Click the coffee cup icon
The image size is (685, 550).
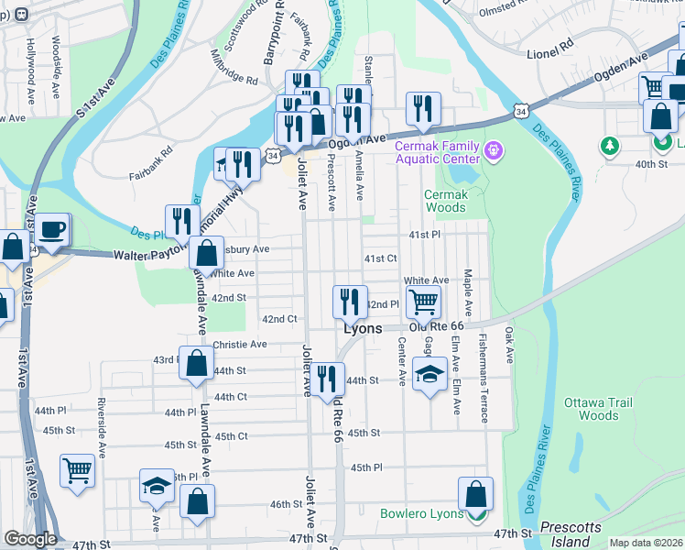tap(52, 229)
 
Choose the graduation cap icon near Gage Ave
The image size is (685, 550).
tap(429, 374)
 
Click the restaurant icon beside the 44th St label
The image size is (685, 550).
tap(326, 377)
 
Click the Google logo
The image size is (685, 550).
tap(29, 538)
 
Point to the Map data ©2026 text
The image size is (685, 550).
tap(646, 543)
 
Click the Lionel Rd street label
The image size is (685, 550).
tap(549, 42)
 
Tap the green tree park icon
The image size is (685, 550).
tap(608, 145)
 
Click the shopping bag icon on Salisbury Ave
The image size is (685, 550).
tap(208, 252)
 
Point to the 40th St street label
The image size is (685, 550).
tap(653, 164)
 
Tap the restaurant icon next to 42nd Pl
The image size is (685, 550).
tap(349, 300)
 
